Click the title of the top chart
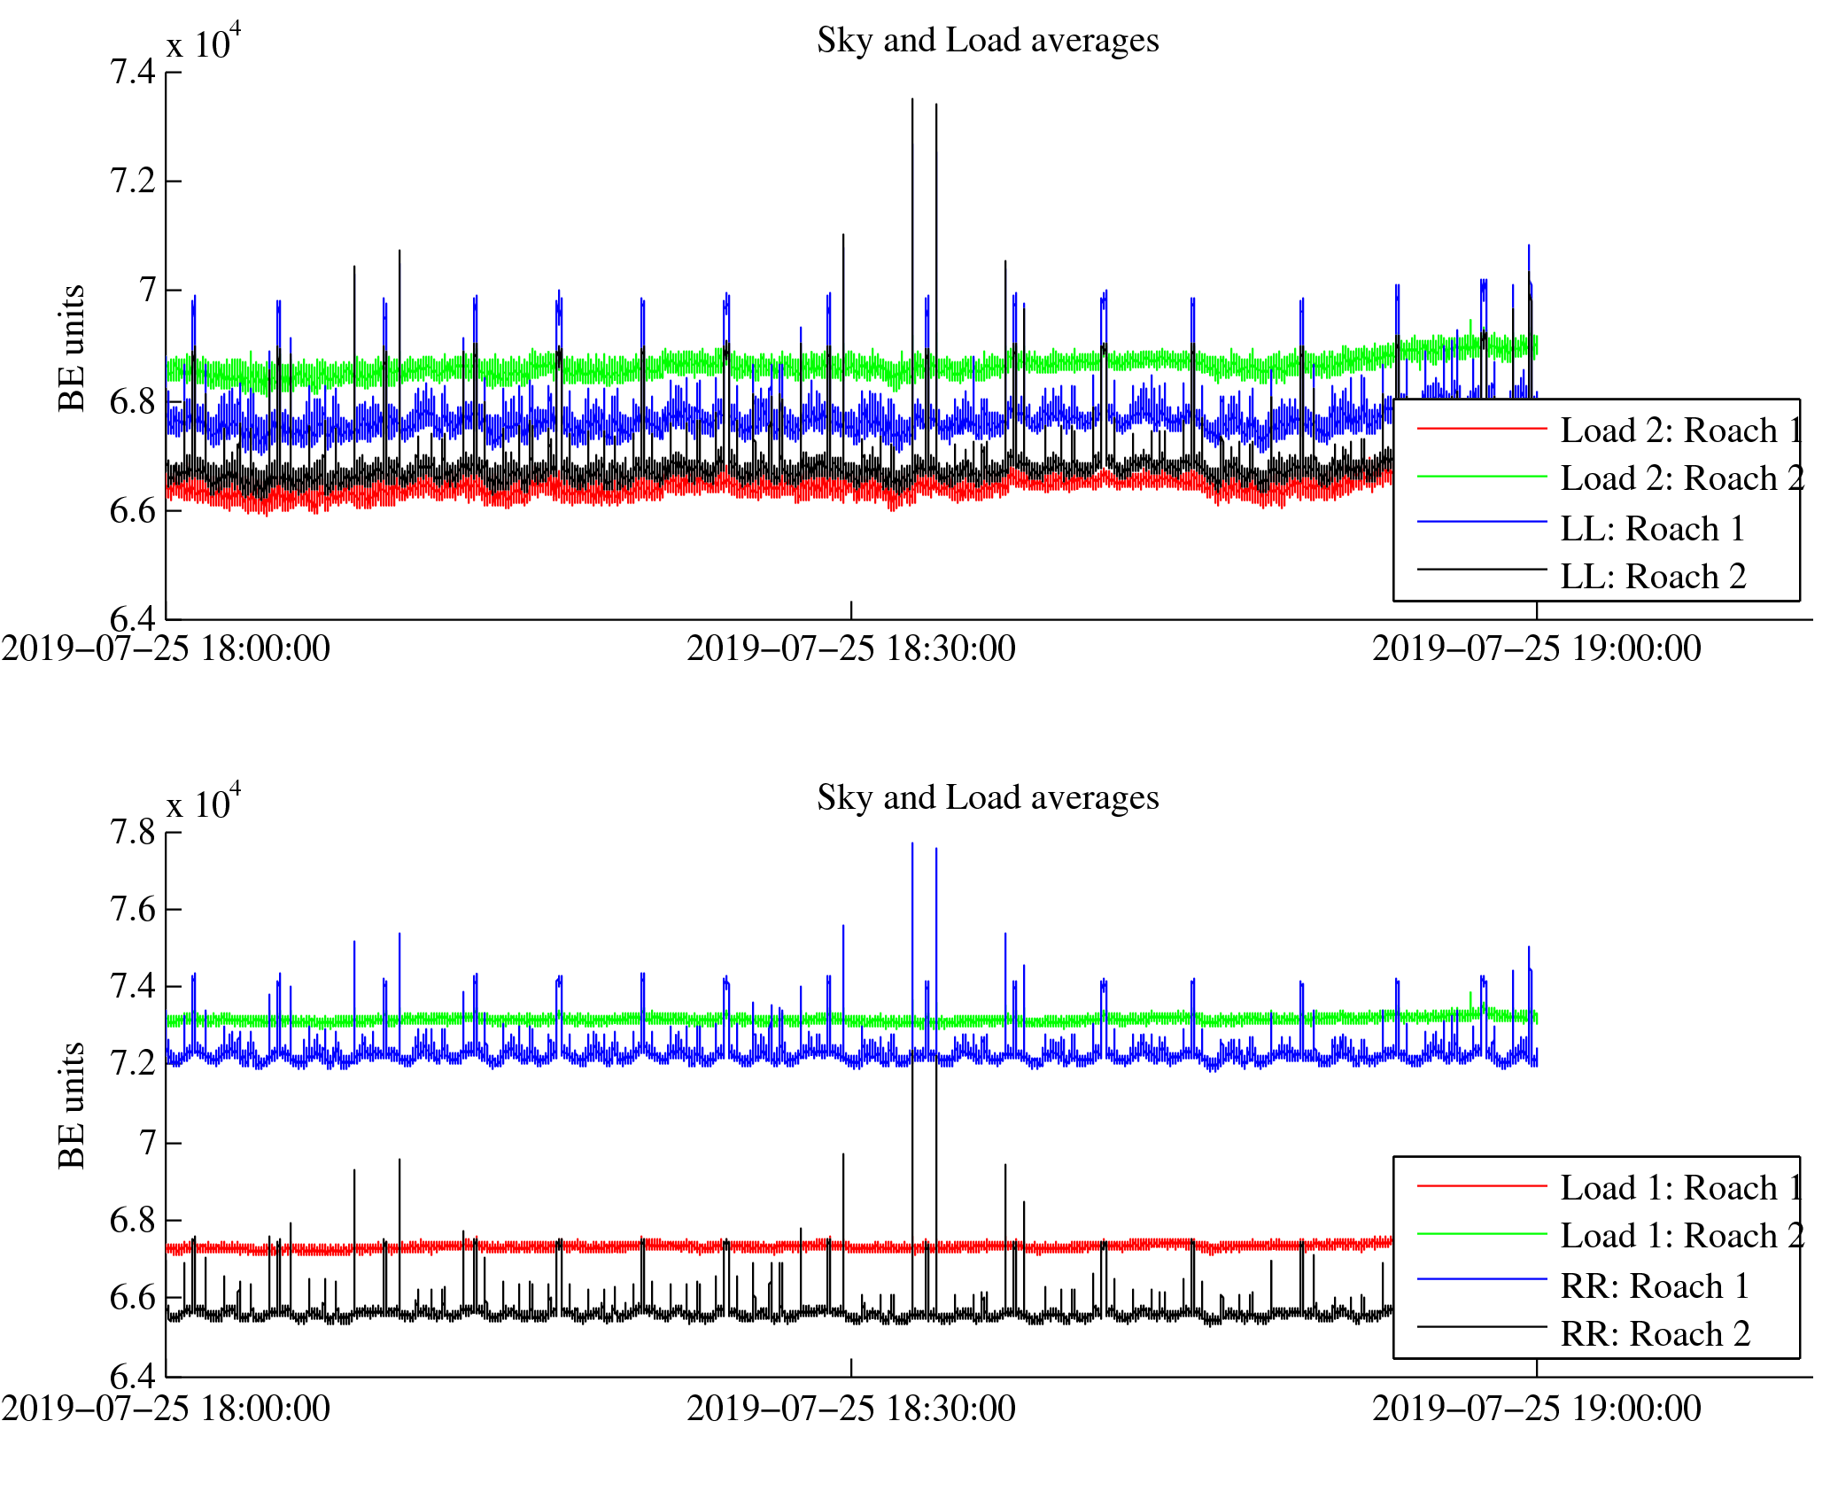(x=987, y=41)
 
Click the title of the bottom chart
(x=987, y=798)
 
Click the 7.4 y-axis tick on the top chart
(x=132, y=72)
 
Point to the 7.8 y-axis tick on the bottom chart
(x=132, y=833)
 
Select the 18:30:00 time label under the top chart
(x=850, y=649)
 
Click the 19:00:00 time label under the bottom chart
(x=1536, y=1409)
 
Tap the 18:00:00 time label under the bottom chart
(x=166, y=1409)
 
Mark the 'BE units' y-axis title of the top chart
(x=72, y=348)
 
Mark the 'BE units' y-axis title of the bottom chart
(x=72, y=1106)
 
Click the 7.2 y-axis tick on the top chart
(x=132, y=182)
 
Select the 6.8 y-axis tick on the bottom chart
(x=132, y=1221)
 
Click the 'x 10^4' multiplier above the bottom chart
(x=203, y=802)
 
